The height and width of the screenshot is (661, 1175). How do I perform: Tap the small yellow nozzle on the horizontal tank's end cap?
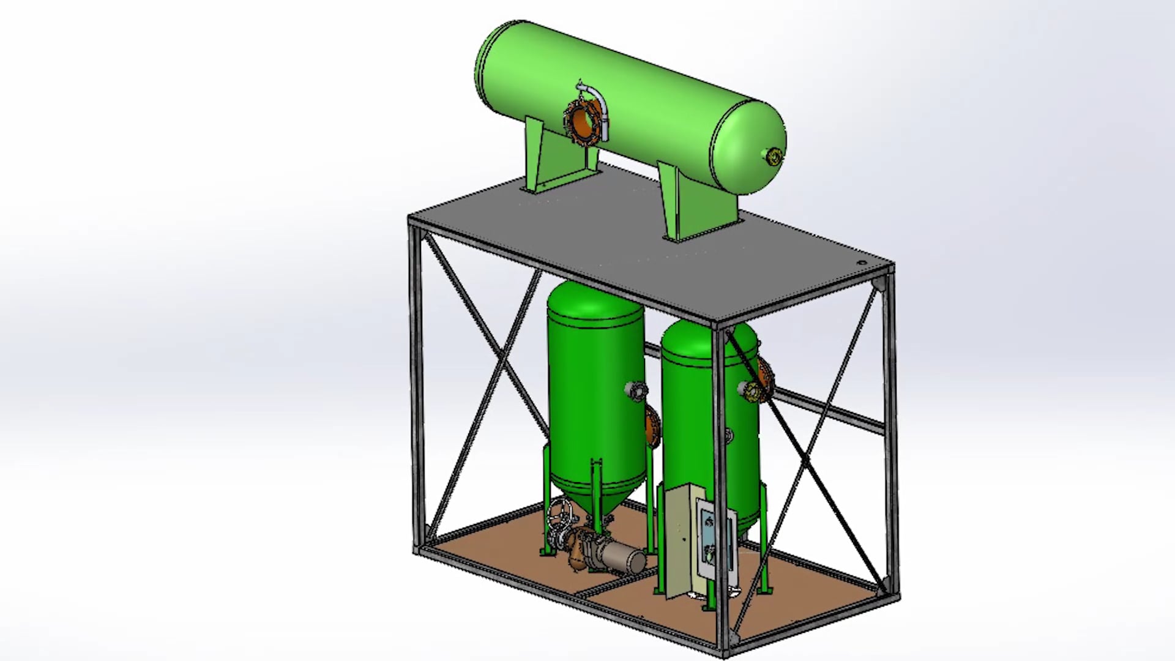click(774, 157)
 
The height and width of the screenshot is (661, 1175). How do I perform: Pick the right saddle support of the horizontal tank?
click(698, 205)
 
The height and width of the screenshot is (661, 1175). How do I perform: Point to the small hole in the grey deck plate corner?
click(862, 263)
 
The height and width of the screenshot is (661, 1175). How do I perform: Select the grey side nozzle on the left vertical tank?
click(635, 389)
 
